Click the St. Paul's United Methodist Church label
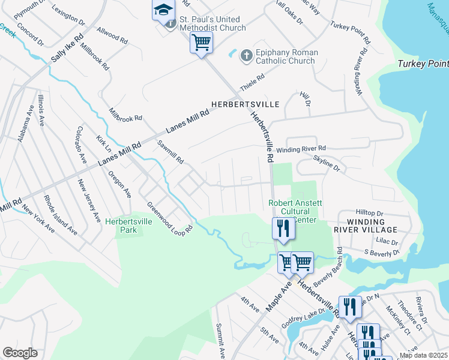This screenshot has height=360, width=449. pos(212,23)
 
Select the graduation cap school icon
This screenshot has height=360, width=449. pos(163,10)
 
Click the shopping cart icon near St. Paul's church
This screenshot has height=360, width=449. pos(201,42)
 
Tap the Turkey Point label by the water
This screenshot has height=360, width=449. pos(423,64)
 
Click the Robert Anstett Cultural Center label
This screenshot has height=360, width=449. pos(295,211)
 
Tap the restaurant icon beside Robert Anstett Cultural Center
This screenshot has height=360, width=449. pos(283,228)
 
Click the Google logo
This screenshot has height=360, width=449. pos(20,353)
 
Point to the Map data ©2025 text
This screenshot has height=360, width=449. pos(423,355)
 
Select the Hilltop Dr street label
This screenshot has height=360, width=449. pos(369,213)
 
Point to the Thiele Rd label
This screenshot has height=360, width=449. pos(252,81)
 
